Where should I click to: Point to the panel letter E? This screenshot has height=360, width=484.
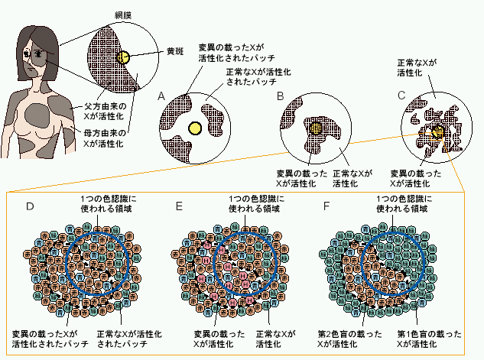[x=180, y=206]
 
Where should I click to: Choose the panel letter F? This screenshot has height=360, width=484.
[x=327, y=206]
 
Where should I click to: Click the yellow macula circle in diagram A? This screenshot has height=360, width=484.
[x=194, y=128]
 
